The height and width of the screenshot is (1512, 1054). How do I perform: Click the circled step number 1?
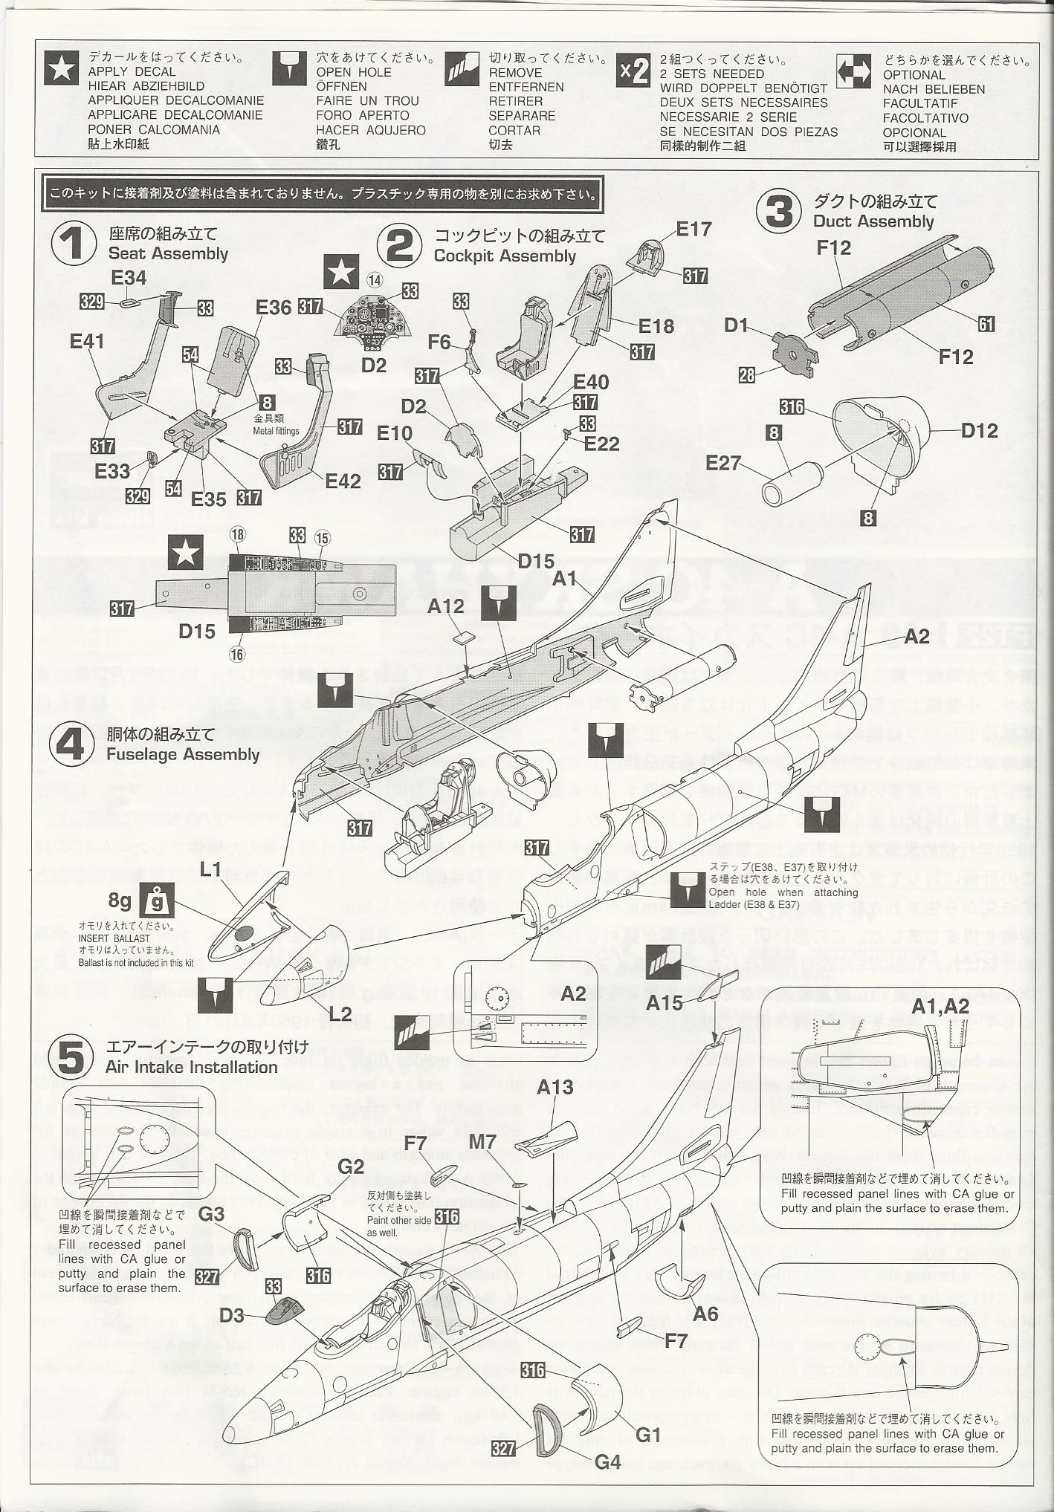[x=74, y=243]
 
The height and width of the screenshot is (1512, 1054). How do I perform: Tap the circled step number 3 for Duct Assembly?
[x=779, y=211]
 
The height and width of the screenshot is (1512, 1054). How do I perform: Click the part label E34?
[x=129, y=278]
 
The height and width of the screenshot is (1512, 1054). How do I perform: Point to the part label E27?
[x=723, y=464]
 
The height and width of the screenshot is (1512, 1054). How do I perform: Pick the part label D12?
[x=979, y=430]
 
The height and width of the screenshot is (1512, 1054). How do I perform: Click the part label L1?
[x=210, y=869]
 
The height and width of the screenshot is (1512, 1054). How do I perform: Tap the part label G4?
[x=607, y=1462]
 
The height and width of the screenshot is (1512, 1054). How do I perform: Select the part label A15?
[x=664, y=1002]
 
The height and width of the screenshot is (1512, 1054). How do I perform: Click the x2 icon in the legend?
[x=633, y=71]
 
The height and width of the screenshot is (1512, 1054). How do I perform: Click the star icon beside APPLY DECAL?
[x=61, y=69]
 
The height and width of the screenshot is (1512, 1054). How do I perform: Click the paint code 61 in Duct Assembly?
[x=986, y=324]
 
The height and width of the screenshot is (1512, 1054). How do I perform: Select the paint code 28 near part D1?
[x=746, y=375]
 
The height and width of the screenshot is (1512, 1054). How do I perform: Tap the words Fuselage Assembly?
[x=183, y=754]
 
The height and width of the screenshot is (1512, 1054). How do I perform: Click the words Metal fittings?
[x=276, y=431]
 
